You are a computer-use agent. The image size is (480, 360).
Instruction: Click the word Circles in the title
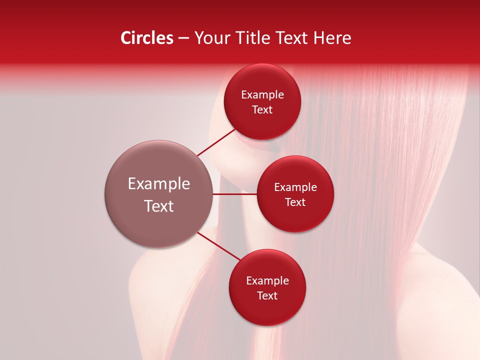(146, 38)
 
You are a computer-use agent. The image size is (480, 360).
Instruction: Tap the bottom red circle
(267, 310)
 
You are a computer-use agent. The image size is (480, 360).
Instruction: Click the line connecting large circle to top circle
(216, 142)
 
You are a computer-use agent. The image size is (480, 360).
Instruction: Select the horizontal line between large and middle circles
(235, 194)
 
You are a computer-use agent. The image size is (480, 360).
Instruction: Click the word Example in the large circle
(159, 184)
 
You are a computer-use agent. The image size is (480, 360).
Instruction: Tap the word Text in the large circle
(159, 206)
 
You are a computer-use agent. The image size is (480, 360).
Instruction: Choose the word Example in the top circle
(262, 95)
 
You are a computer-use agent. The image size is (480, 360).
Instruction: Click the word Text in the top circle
(262, 109)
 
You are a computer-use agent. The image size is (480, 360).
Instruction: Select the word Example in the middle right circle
(295, 187)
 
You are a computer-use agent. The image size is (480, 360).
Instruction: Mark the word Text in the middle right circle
(295, 202)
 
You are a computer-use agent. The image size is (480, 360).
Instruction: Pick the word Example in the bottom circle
(267, 281)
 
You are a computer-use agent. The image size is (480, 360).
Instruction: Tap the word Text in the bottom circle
(267, 295)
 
